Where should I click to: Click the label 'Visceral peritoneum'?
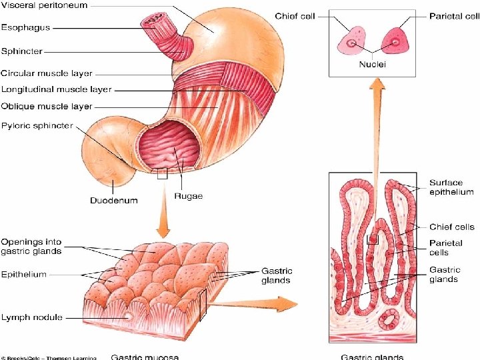point(44,5)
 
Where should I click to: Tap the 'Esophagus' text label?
point(25,28)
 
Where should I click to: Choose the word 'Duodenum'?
point(114,200)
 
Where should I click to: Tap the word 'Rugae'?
point(188,196)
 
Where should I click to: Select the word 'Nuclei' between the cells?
point(373,65)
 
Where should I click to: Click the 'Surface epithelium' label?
point(451,187)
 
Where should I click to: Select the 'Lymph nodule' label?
point(31,317)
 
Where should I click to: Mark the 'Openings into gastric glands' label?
point(31,246)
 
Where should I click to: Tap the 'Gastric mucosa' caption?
point(144,357)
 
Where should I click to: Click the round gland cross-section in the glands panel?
point(388,320)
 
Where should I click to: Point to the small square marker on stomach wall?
point(161,175)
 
